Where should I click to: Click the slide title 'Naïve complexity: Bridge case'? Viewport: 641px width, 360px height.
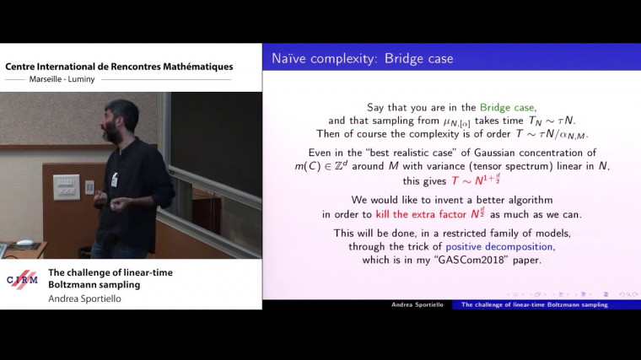(x=363, y=59)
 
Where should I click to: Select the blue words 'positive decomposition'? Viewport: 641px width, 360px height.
(x=500, y=246)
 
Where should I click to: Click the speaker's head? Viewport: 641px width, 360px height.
(x=121, y=120)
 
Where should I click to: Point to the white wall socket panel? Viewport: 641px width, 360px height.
(x=66, y=186)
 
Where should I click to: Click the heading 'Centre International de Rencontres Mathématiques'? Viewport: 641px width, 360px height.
(x=119, y=67)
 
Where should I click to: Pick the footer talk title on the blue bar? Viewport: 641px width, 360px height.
(x=535, y=304)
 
